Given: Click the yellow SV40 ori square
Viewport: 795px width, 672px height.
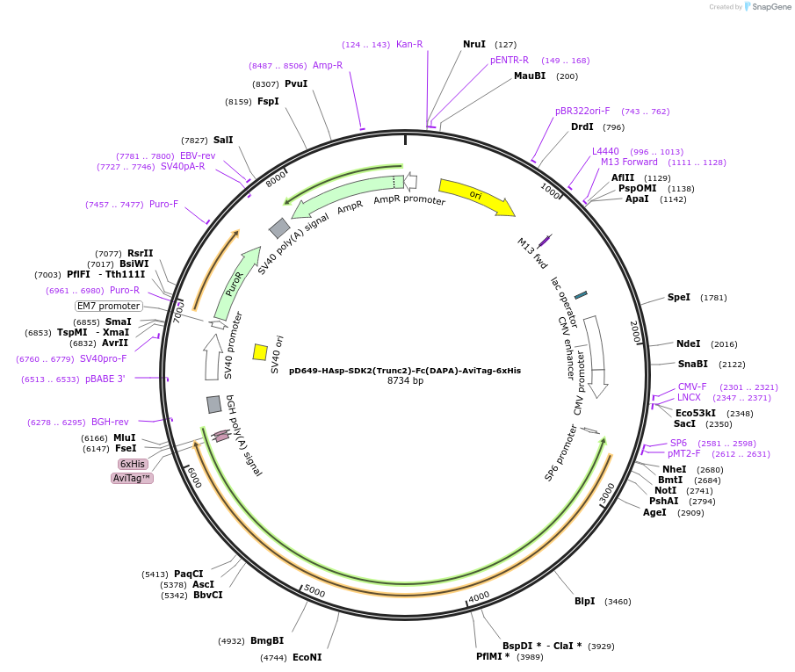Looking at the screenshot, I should pyautogui.click(x=260, y=352).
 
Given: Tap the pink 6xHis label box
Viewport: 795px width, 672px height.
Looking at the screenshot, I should pyautogui.click(x=133, y=464).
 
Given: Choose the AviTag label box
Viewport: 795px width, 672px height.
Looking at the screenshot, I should pyautogui.click(x=132, y=478).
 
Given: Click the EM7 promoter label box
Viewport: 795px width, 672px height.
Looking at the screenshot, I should pyautogui.click(x=109, y=306).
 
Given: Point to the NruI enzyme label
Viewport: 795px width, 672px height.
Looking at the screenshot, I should pyautogui.click(x=474, y=44).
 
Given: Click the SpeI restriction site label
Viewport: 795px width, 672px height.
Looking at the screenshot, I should pyautogui.click(x=679, y=298).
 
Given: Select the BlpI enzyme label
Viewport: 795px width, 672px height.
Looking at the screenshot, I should pyautogui.click(x=584, y=602).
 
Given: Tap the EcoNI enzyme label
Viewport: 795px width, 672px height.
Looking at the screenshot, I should pyautogui.click(x=307, y=657).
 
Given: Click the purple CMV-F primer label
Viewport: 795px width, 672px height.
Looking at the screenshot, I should pyautogui.click(x=692, y=387).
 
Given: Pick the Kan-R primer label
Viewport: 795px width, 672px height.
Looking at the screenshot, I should pyautogui.click(x=409, y=44).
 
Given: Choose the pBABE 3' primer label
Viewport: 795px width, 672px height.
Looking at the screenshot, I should pyautogui.click(x=105, y=379).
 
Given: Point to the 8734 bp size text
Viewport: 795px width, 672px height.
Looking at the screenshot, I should pyautogui.click(x=405, y=380).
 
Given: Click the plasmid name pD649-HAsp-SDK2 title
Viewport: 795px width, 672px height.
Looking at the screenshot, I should pyautogui.click(x=405, y=370).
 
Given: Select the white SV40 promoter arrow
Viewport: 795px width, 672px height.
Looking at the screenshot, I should pyautogui.click(x=212, y=357).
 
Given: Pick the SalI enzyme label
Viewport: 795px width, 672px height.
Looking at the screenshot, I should pyautogui.click(x=223, y=140).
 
